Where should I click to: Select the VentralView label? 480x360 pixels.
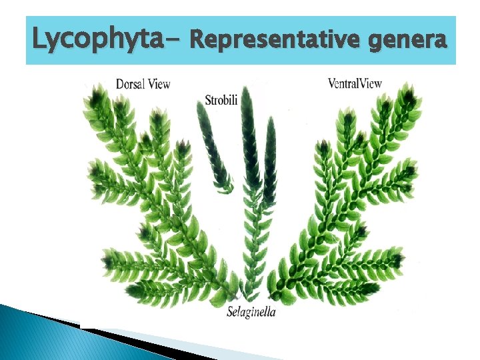(355, 83)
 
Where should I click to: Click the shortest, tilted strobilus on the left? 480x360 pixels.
(213, 147)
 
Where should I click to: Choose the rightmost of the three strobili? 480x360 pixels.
(269, 160)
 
